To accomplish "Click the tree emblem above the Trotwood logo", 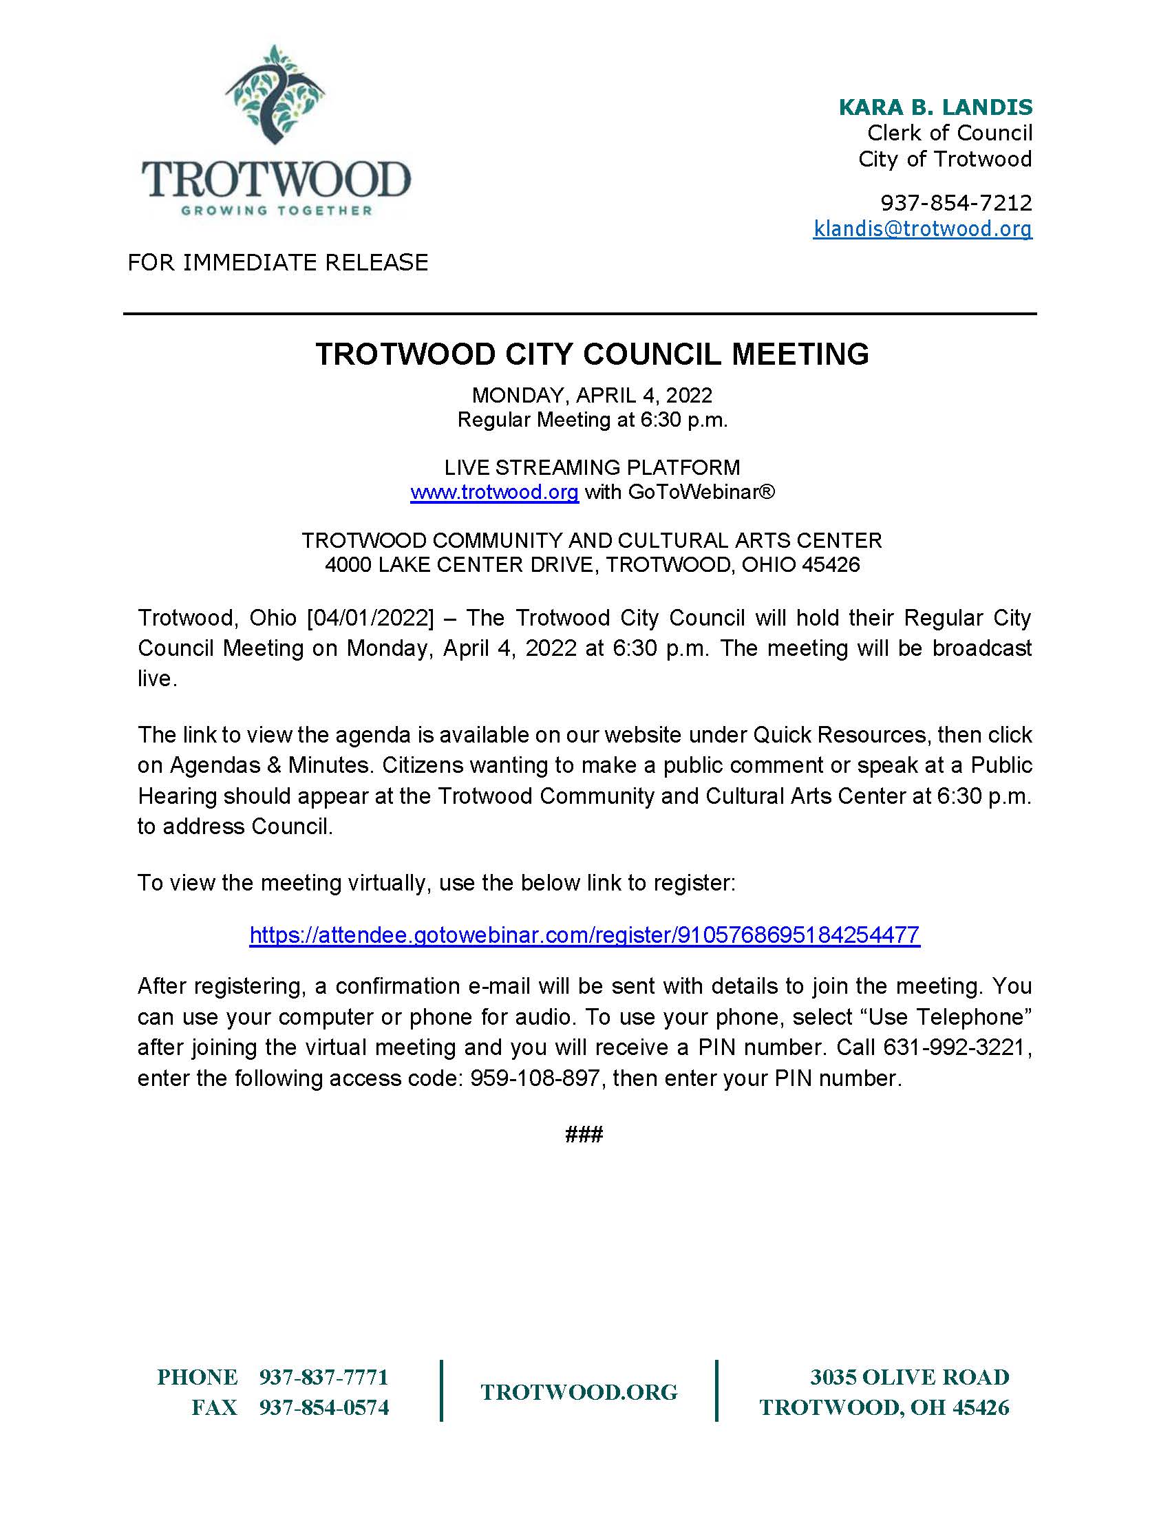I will tap(275, 95).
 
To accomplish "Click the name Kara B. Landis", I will tap(935, 107).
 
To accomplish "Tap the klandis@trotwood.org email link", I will tap(922, 228).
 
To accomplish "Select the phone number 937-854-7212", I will tap(956, 202).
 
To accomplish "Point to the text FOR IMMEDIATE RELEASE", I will tap(278, 262).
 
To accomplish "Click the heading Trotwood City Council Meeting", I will tap(592, 354).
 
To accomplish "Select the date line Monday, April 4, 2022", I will tap(592, 395).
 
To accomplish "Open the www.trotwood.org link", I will tap(494, 492).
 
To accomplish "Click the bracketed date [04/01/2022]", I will tap(370, 618).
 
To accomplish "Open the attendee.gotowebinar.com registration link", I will tap(584, 935).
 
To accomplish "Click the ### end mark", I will tap(584, 1134).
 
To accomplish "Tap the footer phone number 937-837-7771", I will tap(323, 1377).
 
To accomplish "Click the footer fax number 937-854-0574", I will tap(323, 1407).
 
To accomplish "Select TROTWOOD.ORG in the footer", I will tap(579, 1392).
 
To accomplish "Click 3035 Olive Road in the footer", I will tap(909, 1377).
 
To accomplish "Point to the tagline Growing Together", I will tap(277, 211).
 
